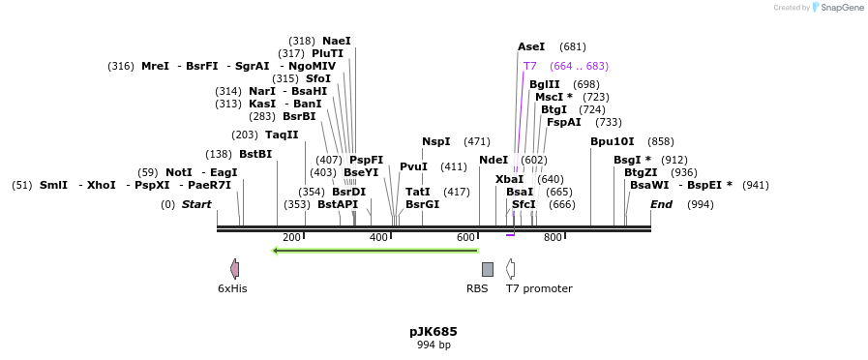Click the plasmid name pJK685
[x=433, y=332]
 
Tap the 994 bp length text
[x=433, y=345]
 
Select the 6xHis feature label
[x=232, y=288]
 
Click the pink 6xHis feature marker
[x=234, y=269]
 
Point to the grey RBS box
[x=487, y=269]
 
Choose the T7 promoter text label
[x=539, y=288]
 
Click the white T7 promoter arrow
[x=510, y=269]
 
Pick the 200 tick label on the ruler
[x=291, y=238]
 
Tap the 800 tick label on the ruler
[x=553, y=238]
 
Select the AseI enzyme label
[x=531, y=46]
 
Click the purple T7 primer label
[x=529, y=66]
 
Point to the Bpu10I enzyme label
[x=612, y=141]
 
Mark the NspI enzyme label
[x=435, y=141]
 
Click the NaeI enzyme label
[x=337, y=41]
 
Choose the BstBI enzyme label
[x=255, y=154]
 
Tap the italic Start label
[x=196, y=204]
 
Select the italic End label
[x=661, y=204]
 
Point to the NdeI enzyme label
[x=494, y=160]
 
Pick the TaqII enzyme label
[x=282, y=135]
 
